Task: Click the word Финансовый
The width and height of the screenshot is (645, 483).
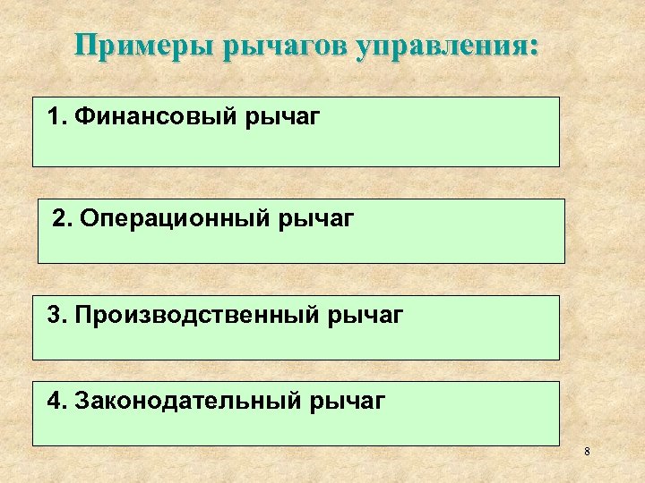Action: point(156,117)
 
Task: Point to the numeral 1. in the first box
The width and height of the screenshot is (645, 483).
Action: point(58,117)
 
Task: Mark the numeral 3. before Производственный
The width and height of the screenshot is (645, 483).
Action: point(58,316)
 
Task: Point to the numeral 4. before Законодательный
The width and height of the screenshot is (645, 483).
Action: point(58,402)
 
